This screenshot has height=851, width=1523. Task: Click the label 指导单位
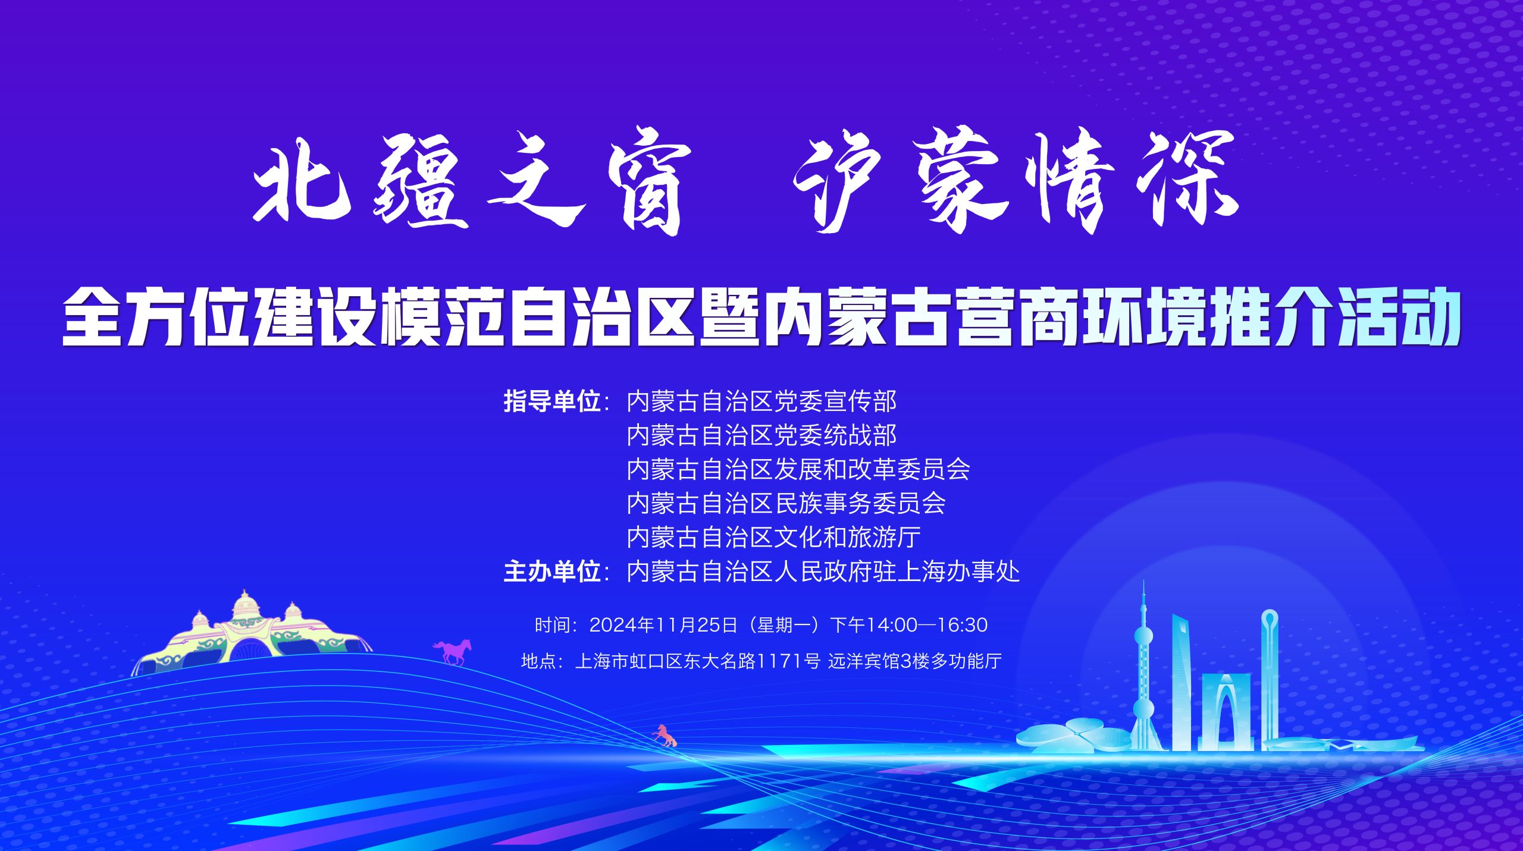pyautogui.click(x=552, y=401)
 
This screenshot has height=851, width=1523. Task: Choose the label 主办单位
pyautogui.click(x=552, y=571)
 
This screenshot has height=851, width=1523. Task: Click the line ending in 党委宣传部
pyautogui.click(x=761, y=401)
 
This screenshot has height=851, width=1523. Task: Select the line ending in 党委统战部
pyautogui.click(x=761, y=435)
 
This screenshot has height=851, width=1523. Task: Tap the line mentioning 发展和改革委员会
pyautogui.click(x=798, y=469)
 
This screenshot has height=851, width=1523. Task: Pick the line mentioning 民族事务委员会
pyautogui.click(x=786, y=503)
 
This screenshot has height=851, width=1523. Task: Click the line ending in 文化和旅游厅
pyautogui.click(x=773, y=537)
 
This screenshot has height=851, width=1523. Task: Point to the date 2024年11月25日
pyautogui.click(x=663, y=625)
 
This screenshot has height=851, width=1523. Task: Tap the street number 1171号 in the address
pyautogui.click(x=788, y=661)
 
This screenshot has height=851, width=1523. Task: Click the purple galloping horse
pyautogui.click(x=453, y=652)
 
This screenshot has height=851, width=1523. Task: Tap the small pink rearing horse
pyautogui.click(x=665, y=736)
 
